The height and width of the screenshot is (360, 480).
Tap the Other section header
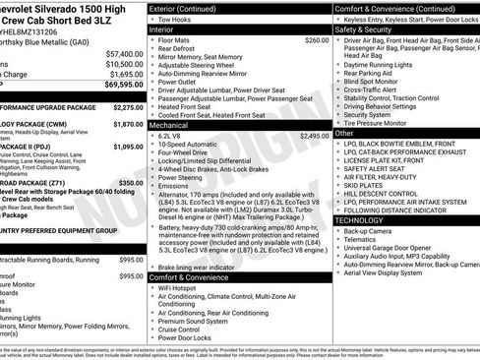[x=344, y=133]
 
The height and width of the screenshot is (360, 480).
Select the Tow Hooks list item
[x=178, y=20]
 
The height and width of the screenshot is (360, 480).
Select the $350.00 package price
[x=130, y=183]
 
